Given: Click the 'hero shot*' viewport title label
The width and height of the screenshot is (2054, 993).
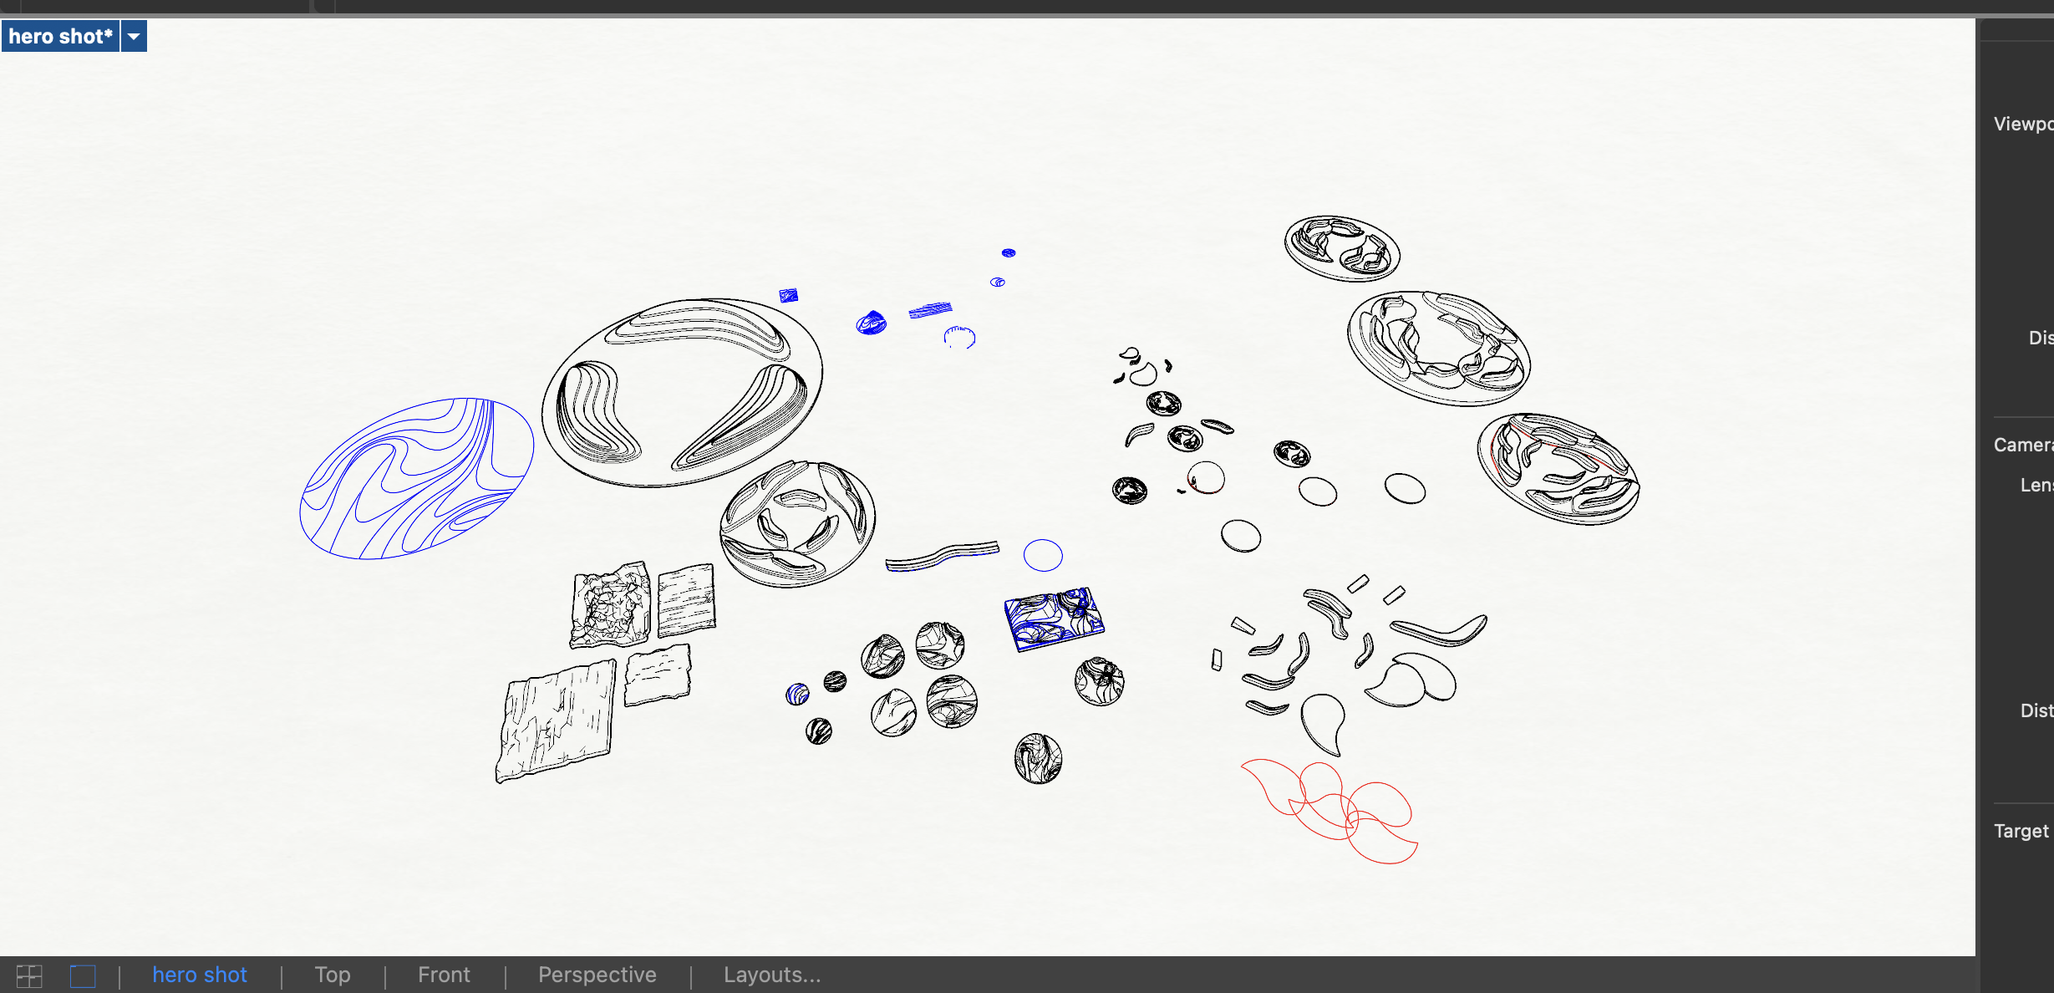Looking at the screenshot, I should point(60,37).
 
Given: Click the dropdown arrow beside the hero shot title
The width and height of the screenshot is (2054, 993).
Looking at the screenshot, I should point(134,37).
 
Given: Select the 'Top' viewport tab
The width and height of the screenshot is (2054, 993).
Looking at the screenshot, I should point(332,975).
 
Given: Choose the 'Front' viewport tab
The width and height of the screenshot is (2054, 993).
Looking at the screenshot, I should point(444,975).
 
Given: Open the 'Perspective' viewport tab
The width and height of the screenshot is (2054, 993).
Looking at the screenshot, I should point(597,975).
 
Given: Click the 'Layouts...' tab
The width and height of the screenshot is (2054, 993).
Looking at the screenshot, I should point(771,975).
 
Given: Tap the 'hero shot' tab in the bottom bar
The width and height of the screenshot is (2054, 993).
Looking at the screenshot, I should point(199,975).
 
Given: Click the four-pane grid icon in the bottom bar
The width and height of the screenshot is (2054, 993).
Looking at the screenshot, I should point(29,975).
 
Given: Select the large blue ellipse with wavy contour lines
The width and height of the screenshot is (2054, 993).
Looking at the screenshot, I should point(416,478).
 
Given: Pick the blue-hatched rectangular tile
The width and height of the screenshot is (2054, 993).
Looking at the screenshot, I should point(1054,619).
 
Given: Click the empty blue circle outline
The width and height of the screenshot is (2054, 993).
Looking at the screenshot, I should point(1043,555).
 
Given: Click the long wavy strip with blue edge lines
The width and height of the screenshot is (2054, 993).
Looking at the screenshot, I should point(943,556).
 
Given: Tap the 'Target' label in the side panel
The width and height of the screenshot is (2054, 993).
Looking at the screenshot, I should point(2021,831).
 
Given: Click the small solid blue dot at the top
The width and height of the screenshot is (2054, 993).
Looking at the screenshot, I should point(1009,252).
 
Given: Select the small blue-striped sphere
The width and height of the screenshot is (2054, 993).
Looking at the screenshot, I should point(797,694).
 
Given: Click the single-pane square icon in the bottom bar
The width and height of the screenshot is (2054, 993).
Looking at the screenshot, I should point(83,975).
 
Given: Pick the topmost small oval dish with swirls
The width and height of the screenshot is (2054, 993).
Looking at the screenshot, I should point(1342,248).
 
